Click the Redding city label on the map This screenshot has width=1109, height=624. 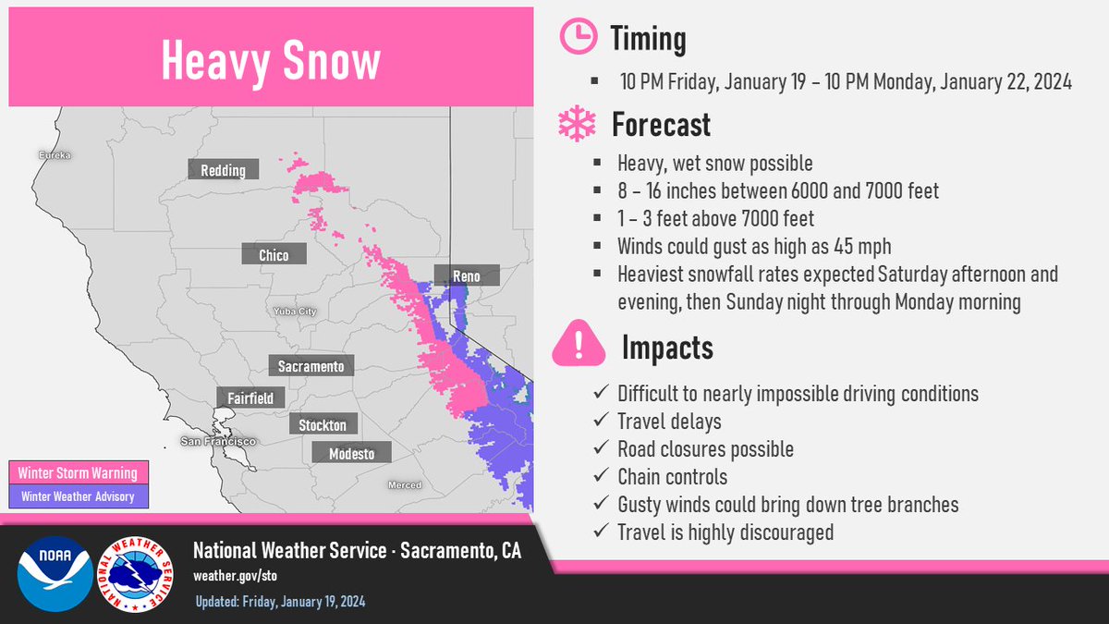(223, 170)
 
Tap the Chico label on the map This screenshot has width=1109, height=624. (274, 255)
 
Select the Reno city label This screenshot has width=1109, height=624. (467, 275)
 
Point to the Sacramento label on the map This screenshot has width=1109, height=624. (311, 366)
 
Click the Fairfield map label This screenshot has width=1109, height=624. (244, 398)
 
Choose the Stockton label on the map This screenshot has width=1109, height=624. (323, 425)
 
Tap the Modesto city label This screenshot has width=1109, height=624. (352, 453)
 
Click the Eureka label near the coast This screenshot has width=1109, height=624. (55, 155)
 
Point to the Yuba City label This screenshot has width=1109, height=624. (295, 312)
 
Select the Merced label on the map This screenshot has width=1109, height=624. (404, 485)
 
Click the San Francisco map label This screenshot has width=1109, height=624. (218, 443)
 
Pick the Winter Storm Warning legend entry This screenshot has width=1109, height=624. (78, 473)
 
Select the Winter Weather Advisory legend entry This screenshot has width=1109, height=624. (78, 496)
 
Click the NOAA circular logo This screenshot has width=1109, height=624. (54, 573)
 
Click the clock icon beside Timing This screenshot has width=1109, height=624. (579, 38)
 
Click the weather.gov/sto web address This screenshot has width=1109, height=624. (235, 576)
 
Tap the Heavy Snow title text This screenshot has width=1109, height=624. (270, 61)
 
